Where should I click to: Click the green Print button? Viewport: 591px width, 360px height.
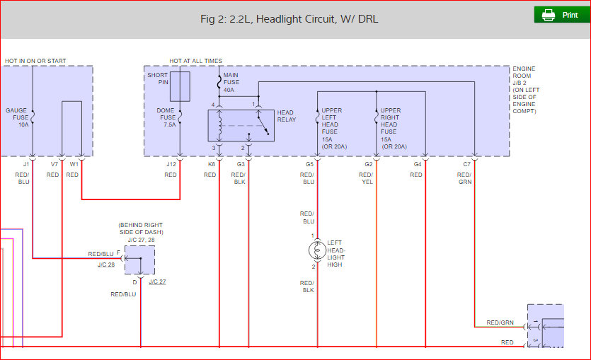click(x=561, y=15)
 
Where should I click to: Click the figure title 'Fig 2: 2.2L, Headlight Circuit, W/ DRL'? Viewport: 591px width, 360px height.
click(x=289, y=19)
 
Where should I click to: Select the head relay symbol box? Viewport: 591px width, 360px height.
click(x=241, y=125)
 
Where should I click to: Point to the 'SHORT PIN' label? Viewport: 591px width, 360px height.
click(x=157, y=79)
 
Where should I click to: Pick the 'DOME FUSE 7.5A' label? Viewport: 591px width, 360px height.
click(x=166, y=117)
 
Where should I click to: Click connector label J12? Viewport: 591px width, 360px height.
click(x=171, y=164)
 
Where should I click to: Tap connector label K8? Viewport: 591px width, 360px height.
click(x=211, y=164)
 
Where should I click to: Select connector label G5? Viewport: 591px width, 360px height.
click(x=309, y=164)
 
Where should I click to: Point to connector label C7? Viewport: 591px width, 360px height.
click(x=466, y=164)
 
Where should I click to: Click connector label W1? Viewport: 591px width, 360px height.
click(x=74, y=164)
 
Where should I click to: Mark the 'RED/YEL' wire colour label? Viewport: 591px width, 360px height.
click(x=366, y=178)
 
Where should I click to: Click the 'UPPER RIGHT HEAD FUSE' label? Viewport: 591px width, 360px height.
click(x=391, y=121)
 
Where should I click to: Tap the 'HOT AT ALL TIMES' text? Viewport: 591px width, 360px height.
click(x=195, y=61)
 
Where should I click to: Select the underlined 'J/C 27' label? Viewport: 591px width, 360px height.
click(x=157, y=281)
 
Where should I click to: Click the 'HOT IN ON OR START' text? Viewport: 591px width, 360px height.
click(x=35, y=61)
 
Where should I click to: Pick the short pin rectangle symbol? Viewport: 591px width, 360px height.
click(x=180, y=86)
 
